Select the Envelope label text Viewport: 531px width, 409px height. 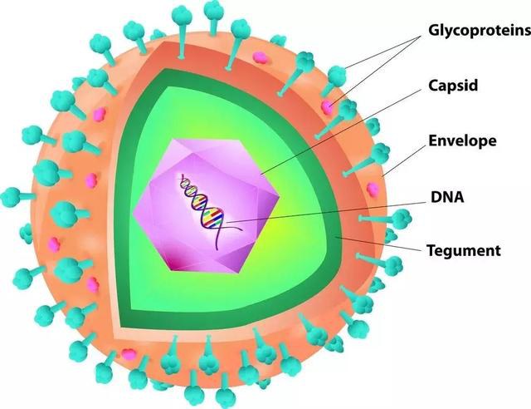click(x=462, y=140)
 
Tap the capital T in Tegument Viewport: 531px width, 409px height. click(x=431, y=249)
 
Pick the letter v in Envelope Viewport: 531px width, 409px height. click(x=449, y=140)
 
